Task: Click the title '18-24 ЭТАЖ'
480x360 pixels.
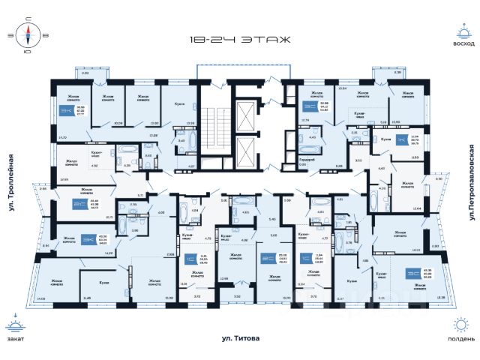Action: [x=239, y=40]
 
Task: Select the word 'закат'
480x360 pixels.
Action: [x=15, y=337]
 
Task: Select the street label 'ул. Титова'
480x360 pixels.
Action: [x=239, y=339]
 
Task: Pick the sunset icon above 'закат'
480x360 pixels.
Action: [x=15, y=324]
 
